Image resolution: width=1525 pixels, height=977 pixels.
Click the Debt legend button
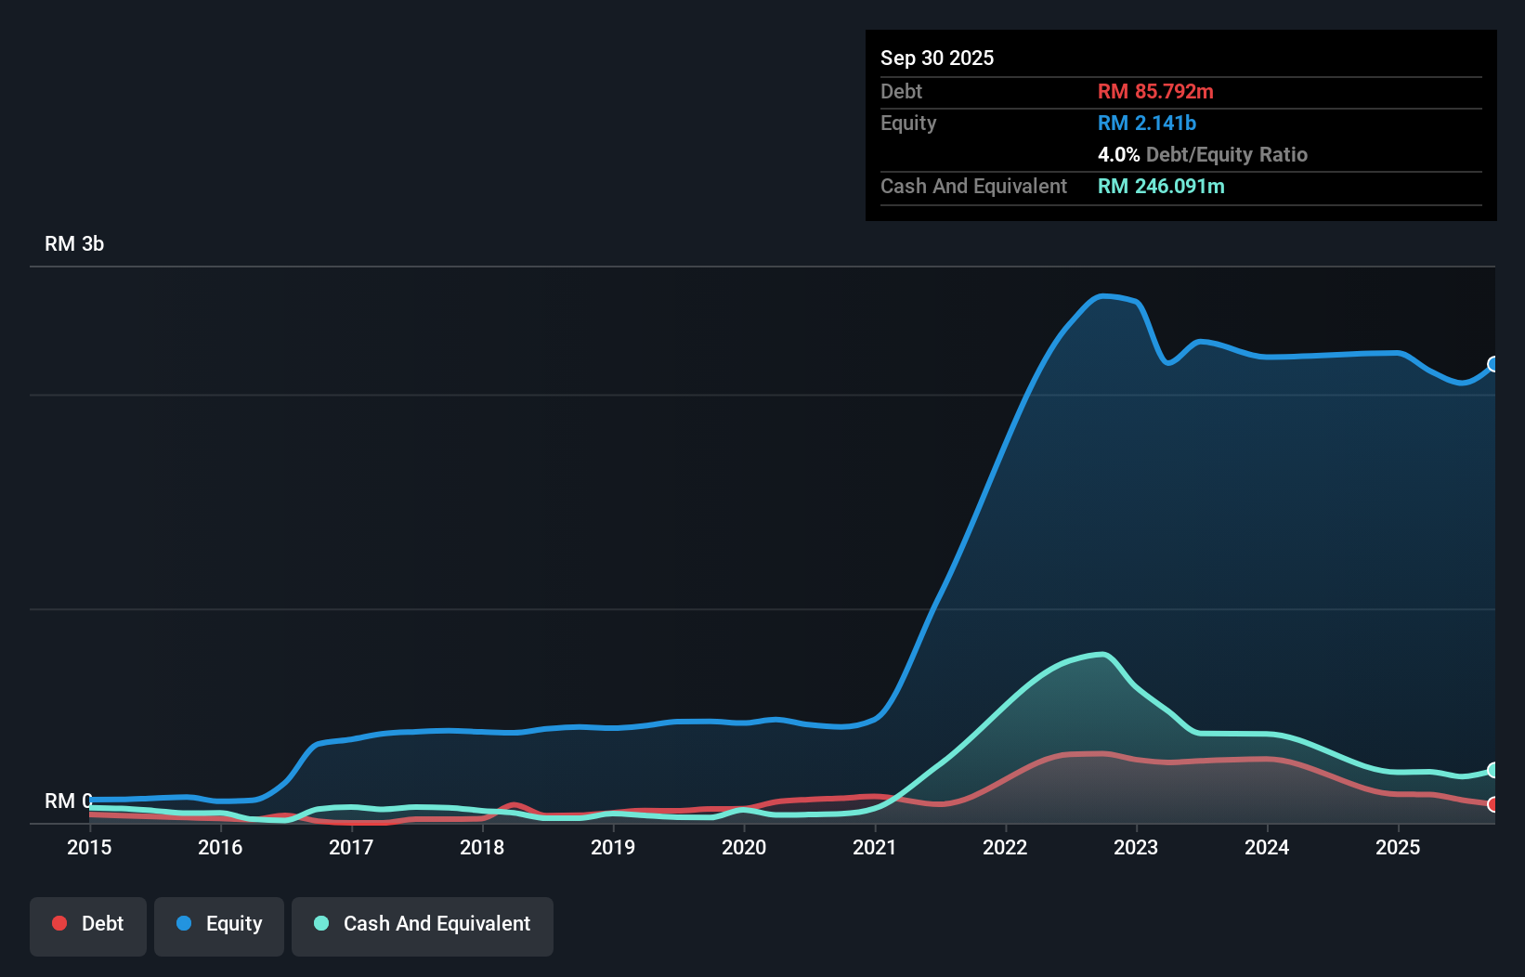click(88, 924)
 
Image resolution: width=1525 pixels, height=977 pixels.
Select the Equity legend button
click(219, 924)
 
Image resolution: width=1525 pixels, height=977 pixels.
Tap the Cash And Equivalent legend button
click(423, 924)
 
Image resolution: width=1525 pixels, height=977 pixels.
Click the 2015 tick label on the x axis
click(89, 847)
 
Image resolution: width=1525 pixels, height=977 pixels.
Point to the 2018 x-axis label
click(482, 847)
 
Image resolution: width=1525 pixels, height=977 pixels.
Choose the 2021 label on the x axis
click(875, 847)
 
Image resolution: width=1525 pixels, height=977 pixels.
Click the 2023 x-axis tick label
click(1136, 847)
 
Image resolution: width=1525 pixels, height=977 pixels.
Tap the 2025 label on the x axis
click(1398, 847)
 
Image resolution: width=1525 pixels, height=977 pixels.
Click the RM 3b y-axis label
click(74, 244)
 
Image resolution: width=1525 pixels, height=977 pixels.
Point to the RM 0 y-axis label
click(67, 801)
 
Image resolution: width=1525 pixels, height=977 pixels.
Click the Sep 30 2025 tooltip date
click(937, 59)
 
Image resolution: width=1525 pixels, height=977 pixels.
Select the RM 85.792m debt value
click(1155, 92)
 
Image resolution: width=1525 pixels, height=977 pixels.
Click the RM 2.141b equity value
click(1147, 124)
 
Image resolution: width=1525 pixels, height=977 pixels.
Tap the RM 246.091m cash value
click(1161, 187)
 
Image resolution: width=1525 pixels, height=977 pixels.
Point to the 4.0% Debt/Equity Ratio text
click(1203, 155)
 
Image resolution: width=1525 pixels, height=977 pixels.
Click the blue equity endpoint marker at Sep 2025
click(1493, 364)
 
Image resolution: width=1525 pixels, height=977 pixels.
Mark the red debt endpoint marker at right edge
click(1493, 804)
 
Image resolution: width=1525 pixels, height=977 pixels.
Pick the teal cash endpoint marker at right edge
click(1493, 770)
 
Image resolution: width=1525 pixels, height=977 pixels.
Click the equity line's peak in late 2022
click(1102, 296)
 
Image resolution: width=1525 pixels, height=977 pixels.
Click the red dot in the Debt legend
click(59, 923)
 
